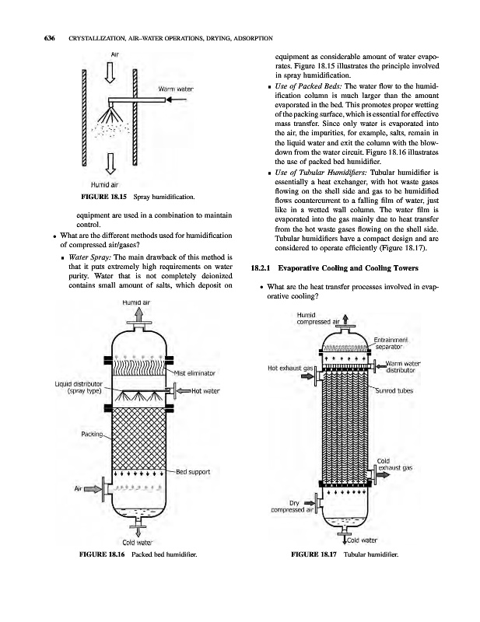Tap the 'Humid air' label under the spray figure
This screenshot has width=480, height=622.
click(x=105, y=184)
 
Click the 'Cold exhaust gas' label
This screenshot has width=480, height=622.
click(x=394, y=464)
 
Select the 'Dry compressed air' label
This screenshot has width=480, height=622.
click(x=291, y=506)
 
